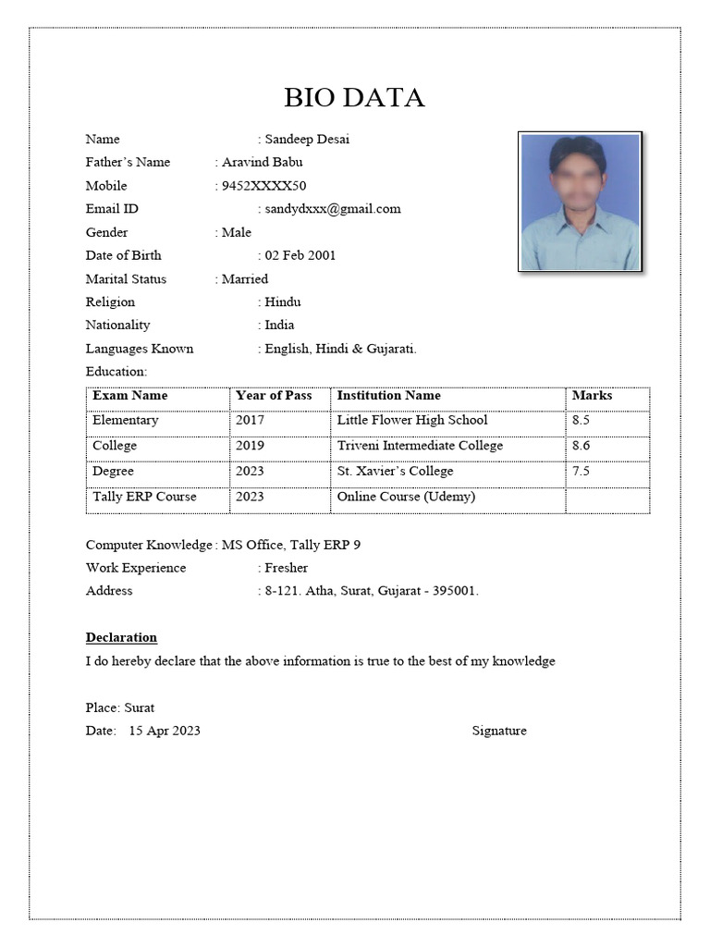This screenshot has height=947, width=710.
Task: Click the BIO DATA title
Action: (354, 97)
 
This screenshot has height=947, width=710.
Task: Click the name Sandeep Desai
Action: (307, 140)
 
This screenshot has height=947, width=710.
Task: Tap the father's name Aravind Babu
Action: (263, 163)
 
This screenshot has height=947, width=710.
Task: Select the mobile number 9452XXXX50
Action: (264, 186)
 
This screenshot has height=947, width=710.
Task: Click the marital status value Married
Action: (245, 279)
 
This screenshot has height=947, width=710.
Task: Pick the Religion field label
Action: (110, 302)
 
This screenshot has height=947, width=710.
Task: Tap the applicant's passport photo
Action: (580, 202)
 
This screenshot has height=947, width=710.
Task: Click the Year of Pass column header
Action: (274, 396)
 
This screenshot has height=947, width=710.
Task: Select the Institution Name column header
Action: (388, 396)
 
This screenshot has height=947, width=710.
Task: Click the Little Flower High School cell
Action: (412, 421)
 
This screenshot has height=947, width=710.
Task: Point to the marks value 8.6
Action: (581, 446)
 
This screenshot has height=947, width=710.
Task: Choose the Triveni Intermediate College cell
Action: (420, 446)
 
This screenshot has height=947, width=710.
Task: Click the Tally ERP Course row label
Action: (144, 497)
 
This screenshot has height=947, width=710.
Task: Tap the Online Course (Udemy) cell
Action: (406, 497)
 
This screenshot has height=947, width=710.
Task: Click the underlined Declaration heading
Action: (121, 638)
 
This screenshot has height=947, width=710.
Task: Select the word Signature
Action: (499, 732)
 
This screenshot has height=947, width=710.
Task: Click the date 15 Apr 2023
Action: (165, 732)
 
